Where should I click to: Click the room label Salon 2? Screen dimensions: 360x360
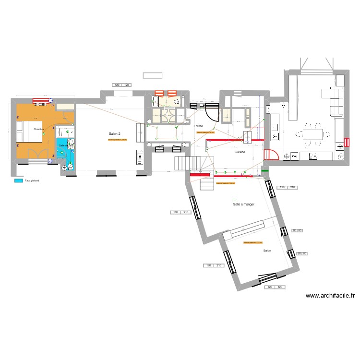[x=114, y=133]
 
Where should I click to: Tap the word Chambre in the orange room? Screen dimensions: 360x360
[x=39, y=129]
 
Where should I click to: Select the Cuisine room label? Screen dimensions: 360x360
[x=240, y=152]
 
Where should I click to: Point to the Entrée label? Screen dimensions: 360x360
[x=198, y=126]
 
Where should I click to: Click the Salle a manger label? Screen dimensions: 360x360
[x=243, y=204]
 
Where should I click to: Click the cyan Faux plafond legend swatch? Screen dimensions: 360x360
[x=19, y=180]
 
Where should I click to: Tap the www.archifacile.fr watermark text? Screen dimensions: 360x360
[x=330, y=296]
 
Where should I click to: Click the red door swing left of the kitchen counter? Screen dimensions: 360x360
[x=271, y=155]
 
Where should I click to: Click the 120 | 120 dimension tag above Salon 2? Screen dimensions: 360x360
[x=121, y=85]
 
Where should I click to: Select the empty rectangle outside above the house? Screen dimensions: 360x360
[x=152, y=75]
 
